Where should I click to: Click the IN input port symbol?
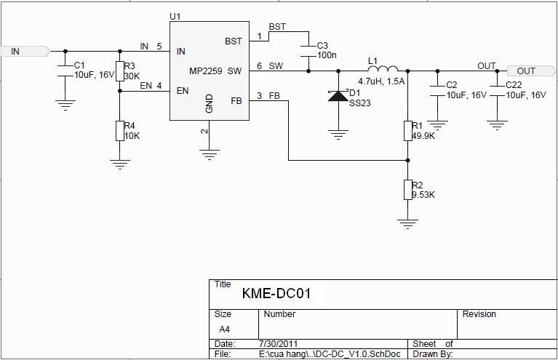[26, 51]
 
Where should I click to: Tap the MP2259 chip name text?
[205, 71]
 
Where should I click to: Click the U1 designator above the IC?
[175, 16]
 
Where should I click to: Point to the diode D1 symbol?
[338, 95]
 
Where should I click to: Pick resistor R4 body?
[120, 131]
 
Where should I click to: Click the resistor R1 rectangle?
[408, 131]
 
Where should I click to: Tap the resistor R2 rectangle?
[408, 190]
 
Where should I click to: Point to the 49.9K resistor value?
[423, 136]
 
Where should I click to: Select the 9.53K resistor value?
[423, 195]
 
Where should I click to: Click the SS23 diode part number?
[360, 103]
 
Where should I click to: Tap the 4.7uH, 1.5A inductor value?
[380, 81]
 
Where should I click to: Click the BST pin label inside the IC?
[233, 41]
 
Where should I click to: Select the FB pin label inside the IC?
[236, 101]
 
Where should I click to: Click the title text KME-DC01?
[276, 294]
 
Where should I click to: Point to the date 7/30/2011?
[277, 343]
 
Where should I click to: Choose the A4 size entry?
[225, 329]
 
